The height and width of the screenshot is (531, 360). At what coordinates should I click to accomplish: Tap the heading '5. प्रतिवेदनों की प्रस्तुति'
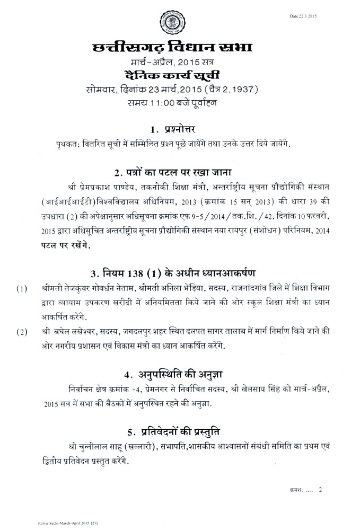179,428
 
